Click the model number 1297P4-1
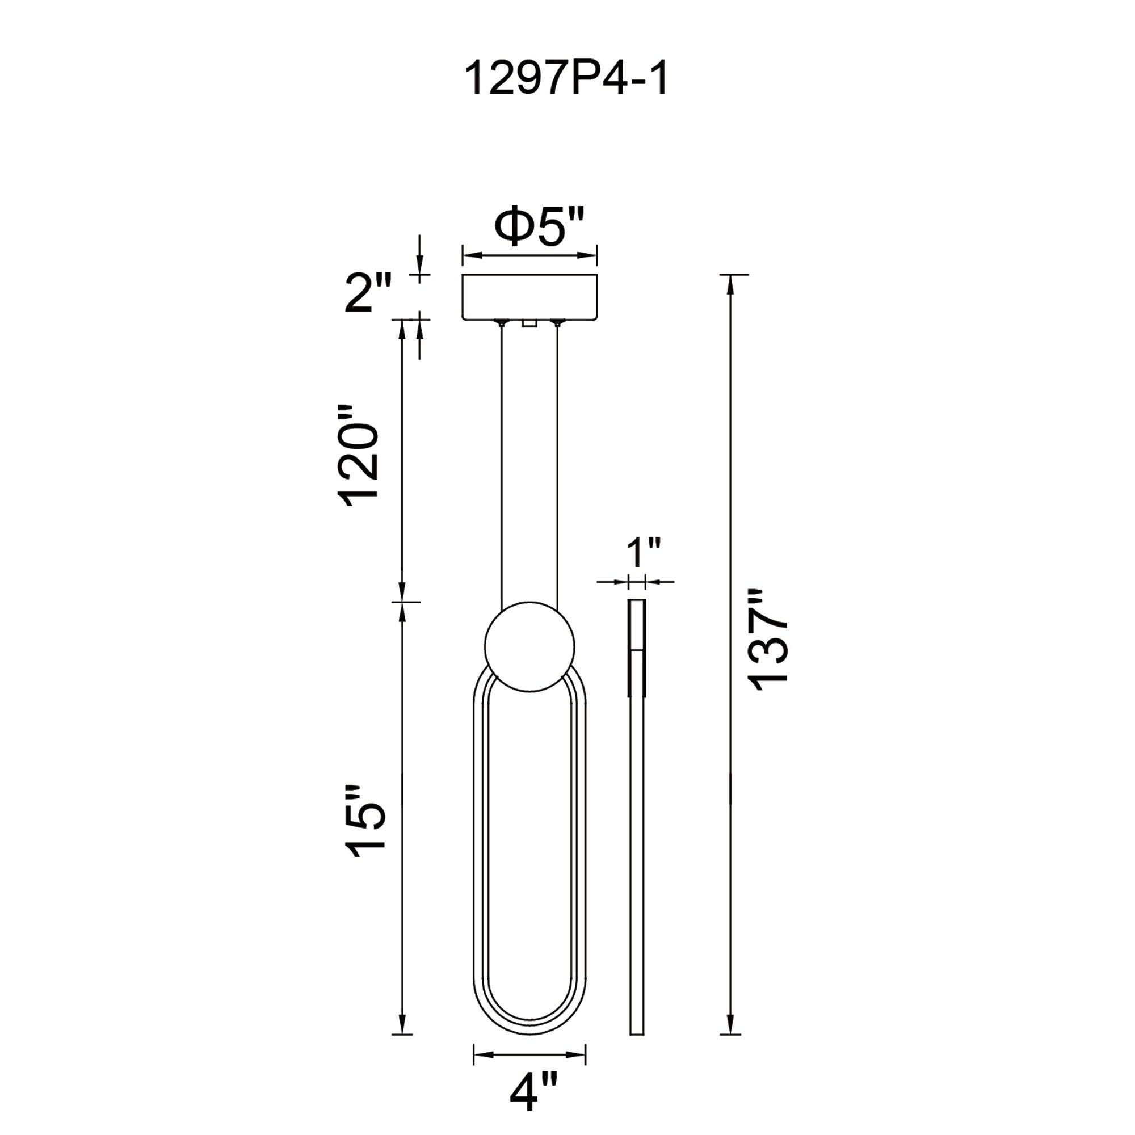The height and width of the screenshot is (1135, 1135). tap(566, 80)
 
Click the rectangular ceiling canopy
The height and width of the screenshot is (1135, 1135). tap(529, 297)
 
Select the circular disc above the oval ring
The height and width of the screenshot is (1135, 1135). tap(529, 647)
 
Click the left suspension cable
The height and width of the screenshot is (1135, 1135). tap(502, 464)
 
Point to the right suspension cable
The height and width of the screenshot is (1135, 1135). tap(557, 464)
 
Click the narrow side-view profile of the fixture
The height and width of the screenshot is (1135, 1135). tap(637, 852)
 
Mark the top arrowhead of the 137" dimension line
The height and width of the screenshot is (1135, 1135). tap(730, 284)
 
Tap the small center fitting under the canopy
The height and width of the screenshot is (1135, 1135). tap(529, 323)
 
